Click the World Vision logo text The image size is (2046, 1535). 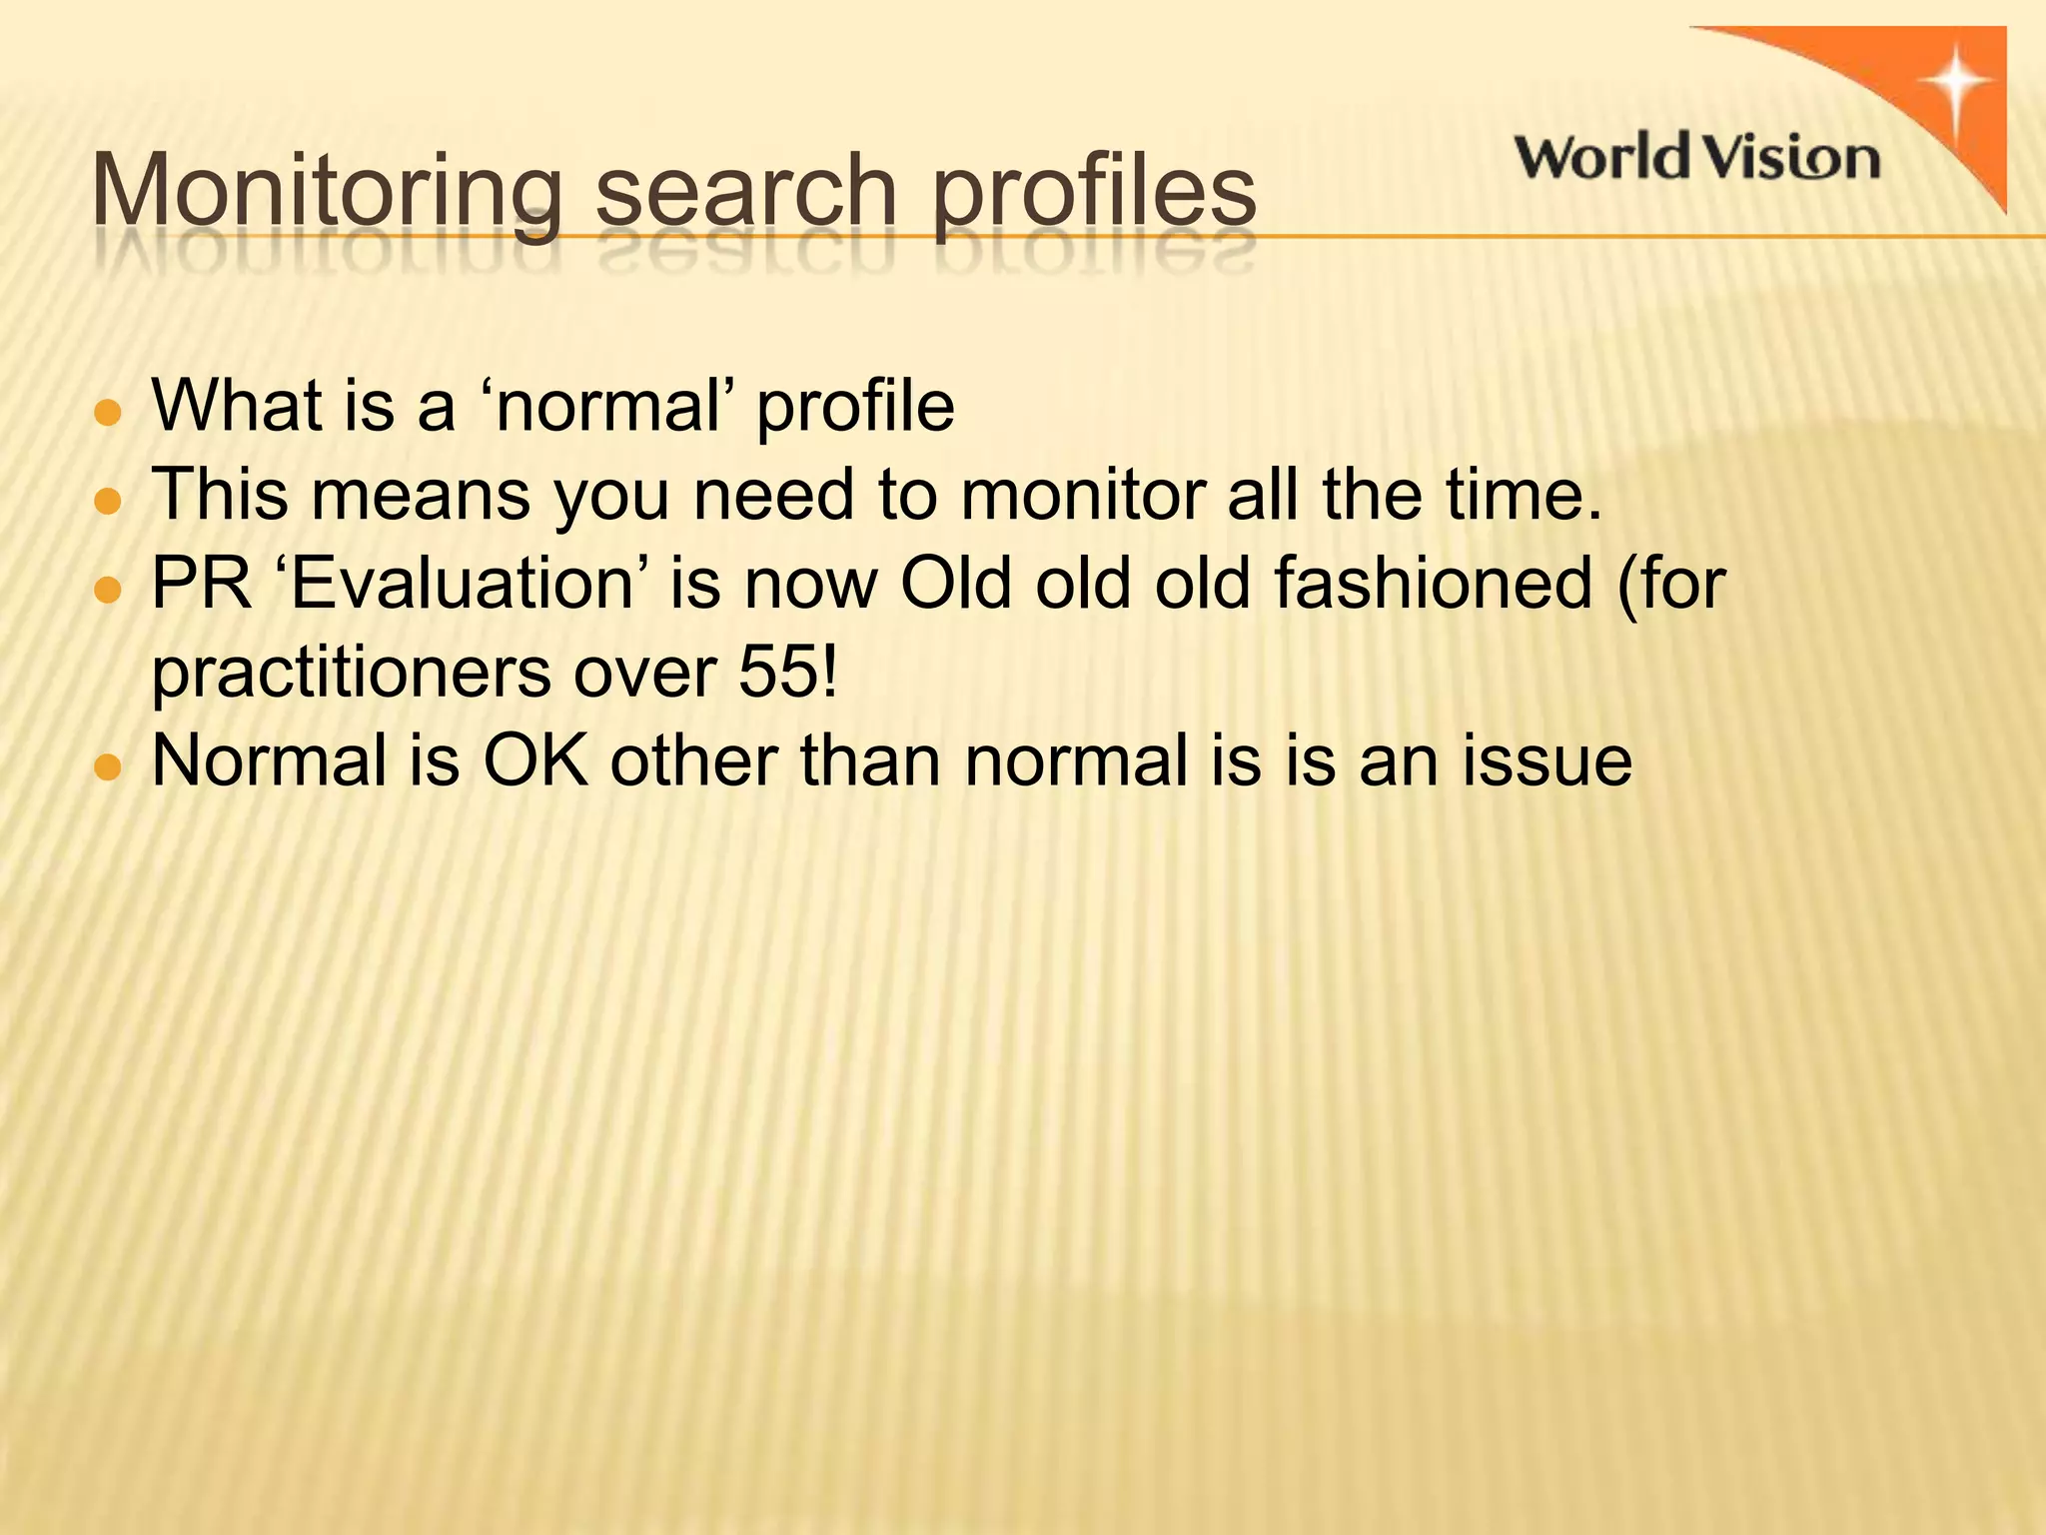[1697, 158]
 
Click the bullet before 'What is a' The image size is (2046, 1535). [106, 412]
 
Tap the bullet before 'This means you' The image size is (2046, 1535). [106, 500]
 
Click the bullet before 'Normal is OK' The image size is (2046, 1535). [106, 767]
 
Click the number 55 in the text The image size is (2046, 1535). [778, 672]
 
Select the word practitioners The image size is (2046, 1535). [351, 672]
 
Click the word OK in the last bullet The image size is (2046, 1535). [535, 761]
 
